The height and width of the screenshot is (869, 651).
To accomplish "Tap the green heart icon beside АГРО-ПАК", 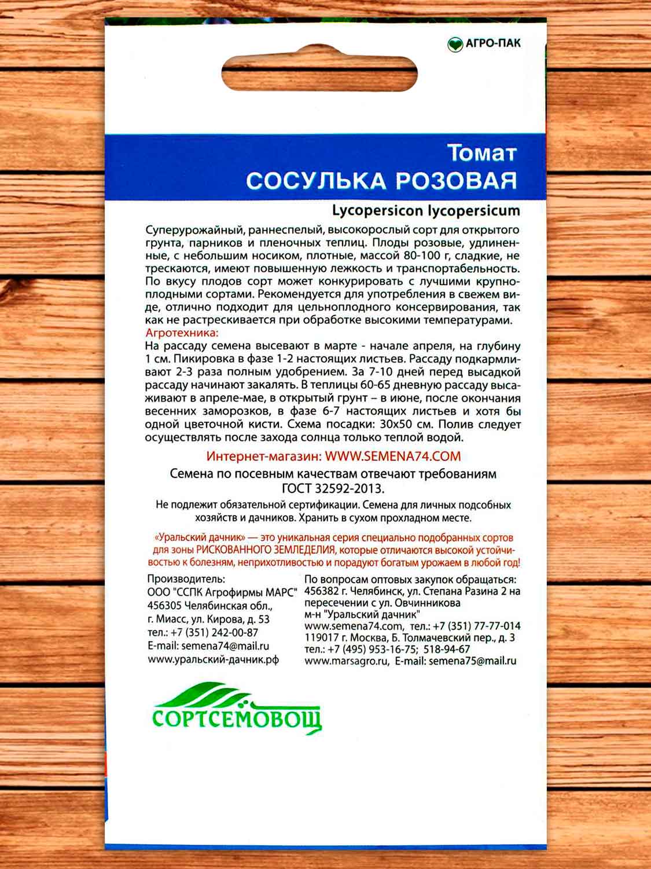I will click(455, 44).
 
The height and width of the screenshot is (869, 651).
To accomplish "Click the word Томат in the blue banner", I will click(481, 154).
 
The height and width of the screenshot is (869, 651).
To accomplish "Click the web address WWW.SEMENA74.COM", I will click(393, 456).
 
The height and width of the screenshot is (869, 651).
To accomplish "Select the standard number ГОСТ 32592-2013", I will click(333, 487).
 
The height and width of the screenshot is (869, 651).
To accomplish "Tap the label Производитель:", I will click(186, 579).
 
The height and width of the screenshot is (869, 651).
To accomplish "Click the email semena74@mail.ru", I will click(225, 646).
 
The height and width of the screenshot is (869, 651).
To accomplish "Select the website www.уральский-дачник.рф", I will click(214, 660).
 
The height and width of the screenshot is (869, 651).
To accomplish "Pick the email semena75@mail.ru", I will click(473, 660).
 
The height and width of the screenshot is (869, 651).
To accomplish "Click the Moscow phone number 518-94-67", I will click(447, 649).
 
